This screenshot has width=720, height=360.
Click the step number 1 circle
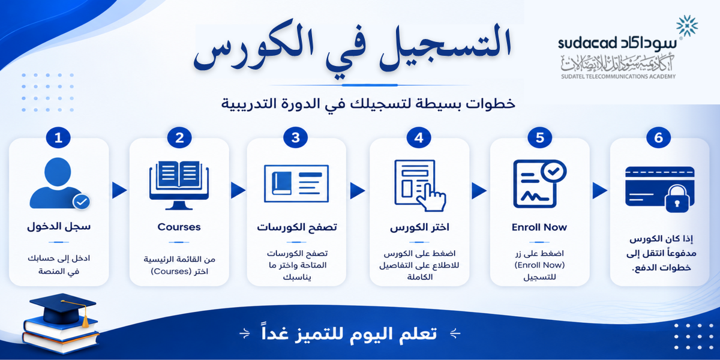click(x=58, y=137)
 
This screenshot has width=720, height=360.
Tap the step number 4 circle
click(x=419, y=137)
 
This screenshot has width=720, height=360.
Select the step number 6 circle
click(x=659, y=137)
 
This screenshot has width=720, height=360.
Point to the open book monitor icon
click(x=179, y=185)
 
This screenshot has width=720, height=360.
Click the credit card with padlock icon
click(x=660, y=190)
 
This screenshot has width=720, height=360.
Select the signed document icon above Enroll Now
click(x=539, y=184)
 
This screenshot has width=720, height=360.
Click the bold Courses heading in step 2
click(x=179, y=227)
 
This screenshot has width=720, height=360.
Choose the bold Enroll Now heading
click(x=539, y=227)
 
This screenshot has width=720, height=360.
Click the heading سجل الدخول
click(x=59, y=227)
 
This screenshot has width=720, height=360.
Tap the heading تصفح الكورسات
click(x=296, y=227)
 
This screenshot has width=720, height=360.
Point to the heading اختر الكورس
click(x=419, y=227)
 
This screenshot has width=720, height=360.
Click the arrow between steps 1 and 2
click(x=119, y=190)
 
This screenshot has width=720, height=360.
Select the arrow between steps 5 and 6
click(x=599, y=190)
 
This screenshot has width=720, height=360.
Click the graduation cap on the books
click(x=63, y=308)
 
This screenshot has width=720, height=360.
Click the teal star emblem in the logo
click(x=687, y=26)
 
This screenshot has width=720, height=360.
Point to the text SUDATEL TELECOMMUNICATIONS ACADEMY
click(x=619, y=77)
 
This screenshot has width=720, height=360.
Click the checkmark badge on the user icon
click(x=82, y=202)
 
